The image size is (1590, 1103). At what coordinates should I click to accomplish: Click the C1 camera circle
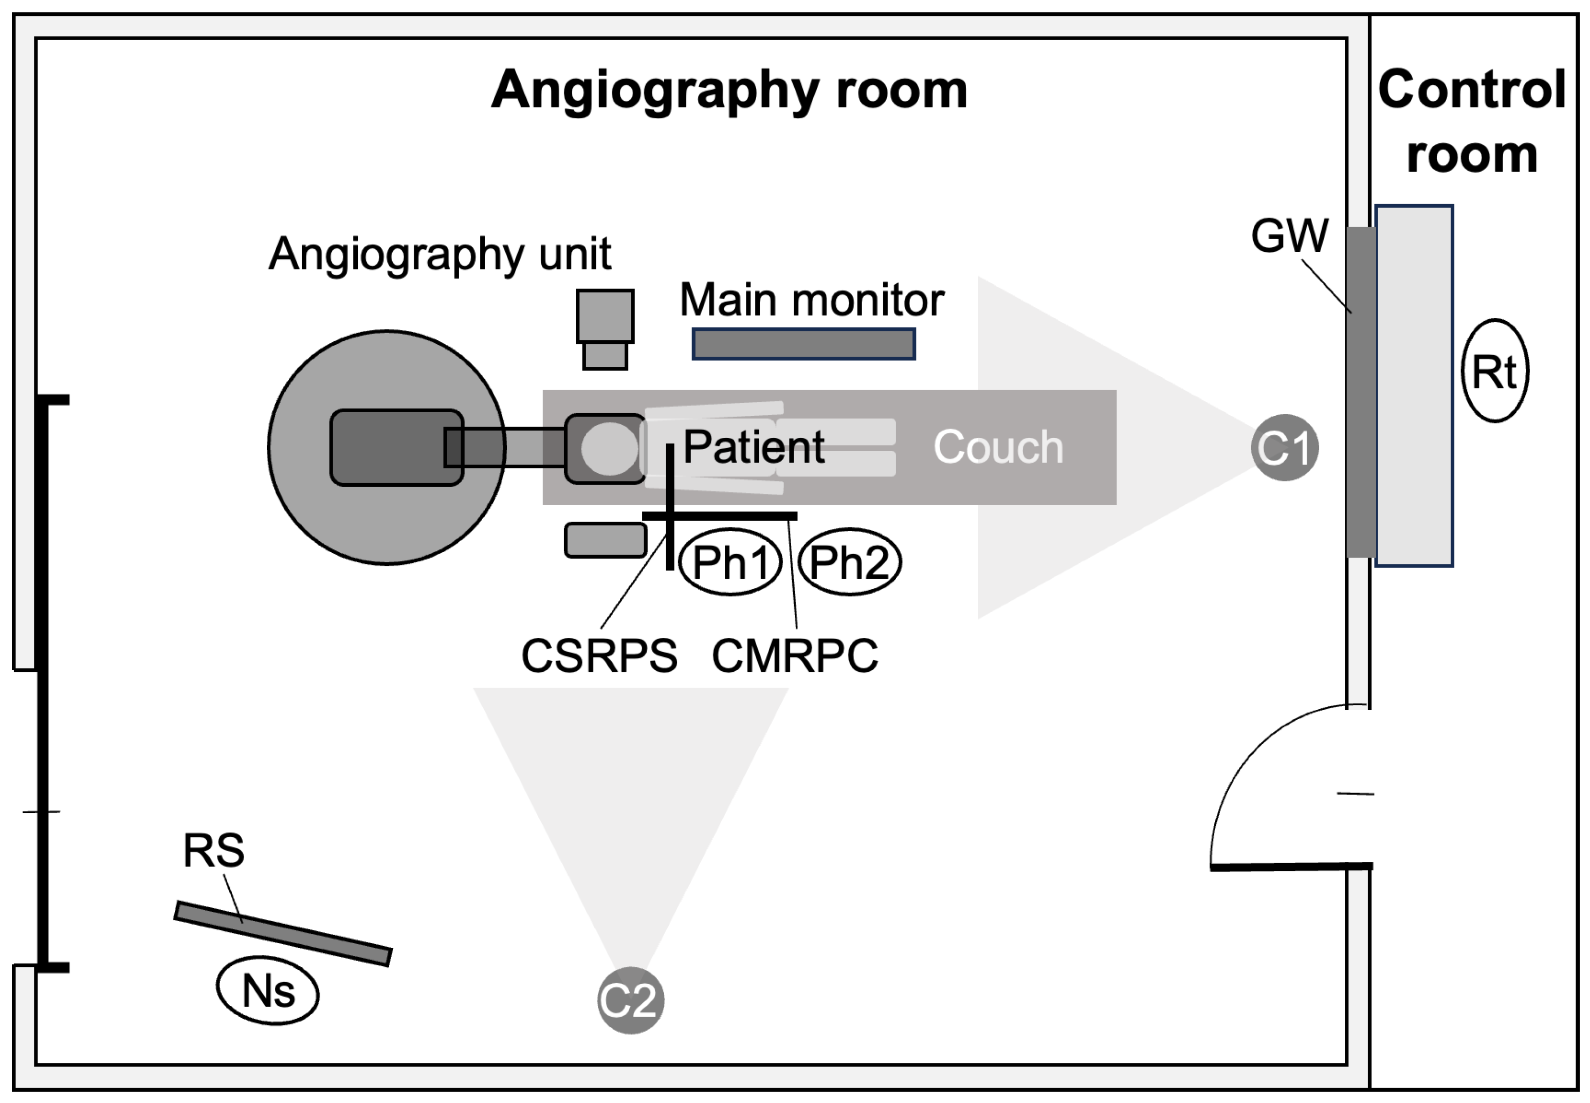pyautogui.click(x=1284, y=447)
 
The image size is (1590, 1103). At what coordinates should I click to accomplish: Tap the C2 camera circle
pyautogui.click(x=630, y=999)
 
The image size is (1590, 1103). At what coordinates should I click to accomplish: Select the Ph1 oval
pyautogui.click(x=730, y=561)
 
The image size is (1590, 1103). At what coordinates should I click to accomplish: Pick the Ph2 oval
pyautogui.click(x=849, y=561)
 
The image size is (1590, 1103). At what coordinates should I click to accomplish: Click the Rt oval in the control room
pyautogui.click(x=1495, y=371)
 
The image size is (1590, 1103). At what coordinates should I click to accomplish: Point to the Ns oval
pyautogui.click(x=267, y=992)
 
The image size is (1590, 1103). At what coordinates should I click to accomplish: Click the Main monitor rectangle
pyautogui.click(x=803, y=343)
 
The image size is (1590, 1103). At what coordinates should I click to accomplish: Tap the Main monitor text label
pyautogui.click(x=811, y=300)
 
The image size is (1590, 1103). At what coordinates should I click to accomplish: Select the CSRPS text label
pyautogui.click(x=598, y=655)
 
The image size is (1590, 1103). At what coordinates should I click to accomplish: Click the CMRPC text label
pyautogui.click(x=795, y=655)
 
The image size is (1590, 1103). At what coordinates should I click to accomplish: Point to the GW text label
pyautogui.click(x=1289, y=236)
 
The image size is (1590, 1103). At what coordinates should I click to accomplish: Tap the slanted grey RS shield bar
pyautogui.click(x=283, y=933)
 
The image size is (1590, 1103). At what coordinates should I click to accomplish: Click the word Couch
pyautogui.click(x=998, y=447)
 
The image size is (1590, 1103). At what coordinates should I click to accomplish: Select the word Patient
pyautogui.click(x=753, y=447)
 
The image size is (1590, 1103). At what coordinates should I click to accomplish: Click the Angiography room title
pyautogui.click(x=728, y=90)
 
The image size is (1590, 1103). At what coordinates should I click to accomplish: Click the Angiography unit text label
pyautogui.click(x=440, y=253)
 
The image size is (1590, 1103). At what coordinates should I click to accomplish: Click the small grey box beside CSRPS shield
pyautogui.click(x=606, y=540)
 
